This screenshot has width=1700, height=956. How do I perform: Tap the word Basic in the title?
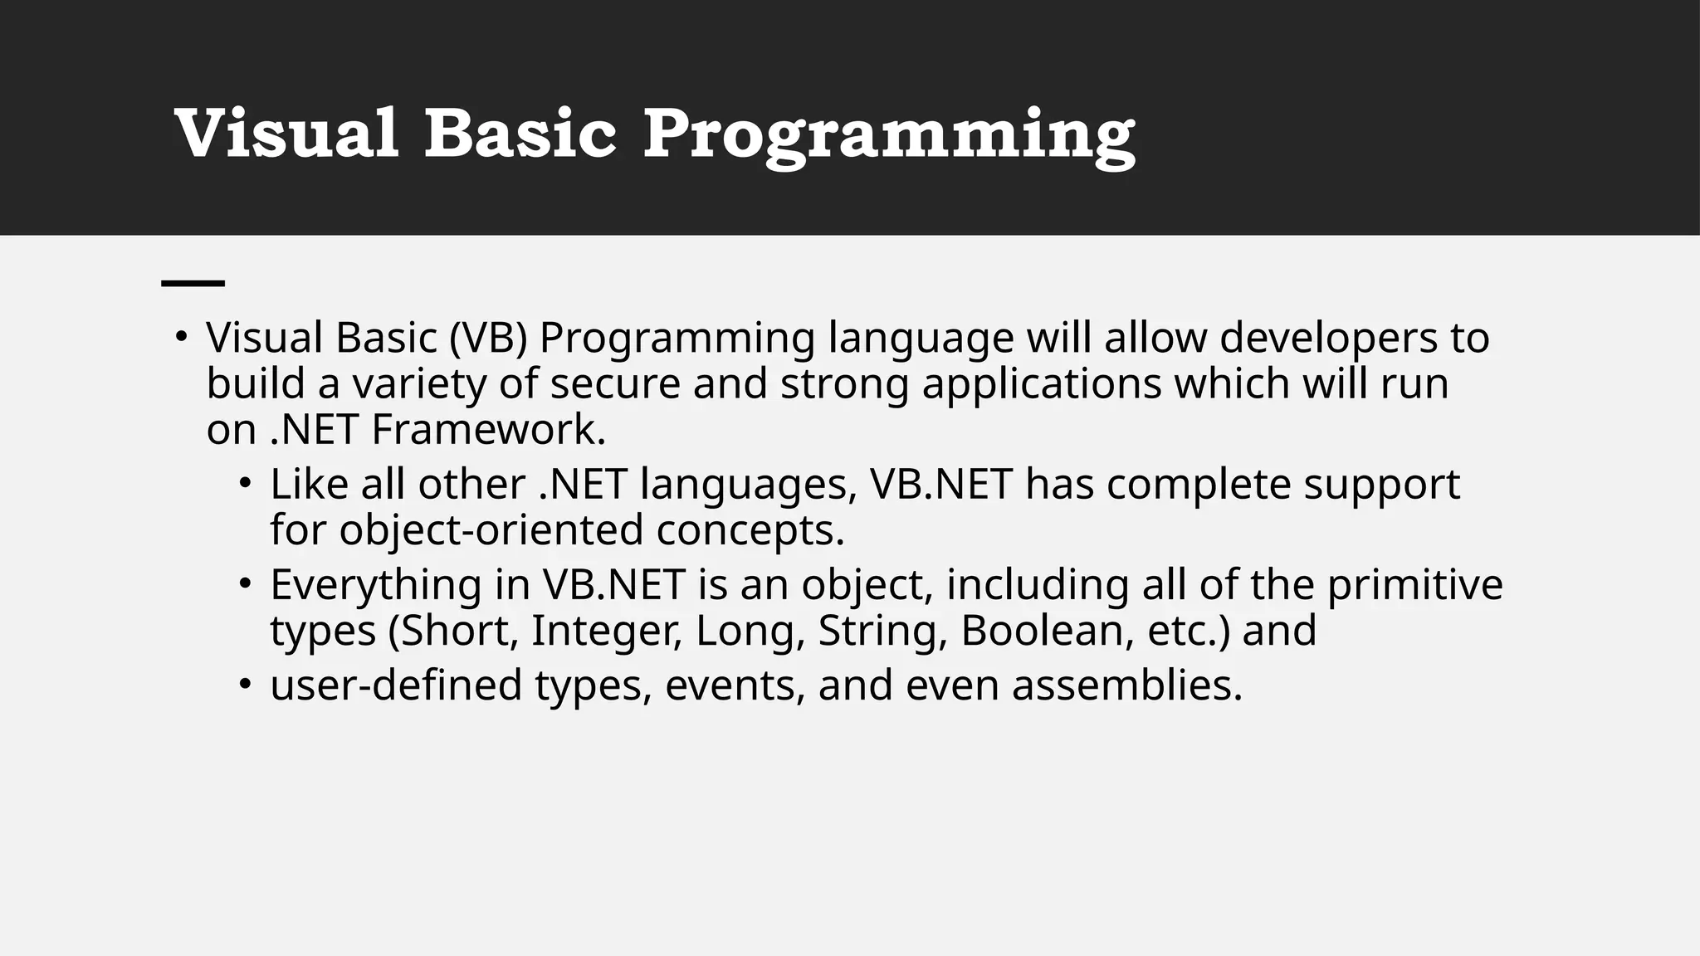pos(520,134)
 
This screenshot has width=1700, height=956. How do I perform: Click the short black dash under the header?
pos(193,284)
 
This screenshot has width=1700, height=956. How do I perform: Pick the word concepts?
pos(750,531)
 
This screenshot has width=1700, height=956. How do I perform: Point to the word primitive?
pos(1414,585)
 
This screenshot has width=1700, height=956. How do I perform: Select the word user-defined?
pos(396,685)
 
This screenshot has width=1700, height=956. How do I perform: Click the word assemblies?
pos(1126,685)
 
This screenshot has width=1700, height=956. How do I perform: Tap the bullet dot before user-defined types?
pos(244,685)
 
